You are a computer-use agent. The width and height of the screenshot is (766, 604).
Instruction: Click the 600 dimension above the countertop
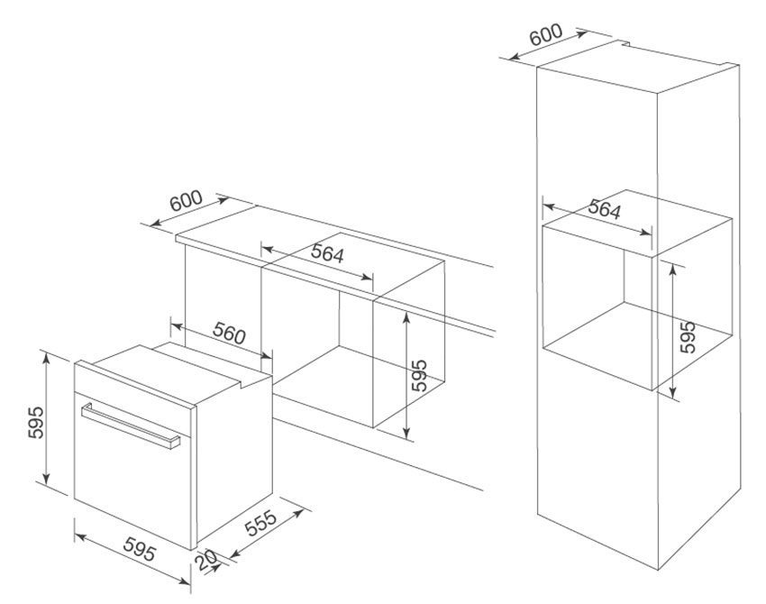[187, 201]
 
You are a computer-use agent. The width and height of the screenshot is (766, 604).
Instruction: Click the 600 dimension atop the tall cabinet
[546, 34]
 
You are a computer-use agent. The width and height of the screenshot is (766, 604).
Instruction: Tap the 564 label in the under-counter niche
[327, 253]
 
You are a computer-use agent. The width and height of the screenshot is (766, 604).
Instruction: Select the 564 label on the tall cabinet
[605, 208]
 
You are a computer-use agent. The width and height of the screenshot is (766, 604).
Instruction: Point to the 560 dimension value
[229, 334]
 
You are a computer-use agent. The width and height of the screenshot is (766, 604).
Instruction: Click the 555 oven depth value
[260, 524]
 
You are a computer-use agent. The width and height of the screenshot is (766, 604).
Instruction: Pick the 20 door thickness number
[206, 560]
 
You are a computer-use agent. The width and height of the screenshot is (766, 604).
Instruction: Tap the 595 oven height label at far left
[36, 422]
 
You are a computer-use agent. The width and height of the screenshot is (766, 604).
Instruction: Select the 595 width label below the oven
[140, 548]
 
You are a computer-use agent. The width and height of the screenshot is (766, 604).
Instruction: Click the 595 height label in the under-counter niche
[419, 375]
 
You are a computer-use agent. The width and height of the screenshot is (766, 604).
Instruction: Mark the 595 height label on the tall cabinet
[688, 336]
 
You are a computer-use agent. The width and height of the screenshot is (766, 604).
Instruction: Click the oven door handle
[131, 425]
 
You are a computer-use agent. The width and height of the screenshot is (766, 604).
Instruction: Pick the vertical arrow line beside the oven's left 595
[46, 419]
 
